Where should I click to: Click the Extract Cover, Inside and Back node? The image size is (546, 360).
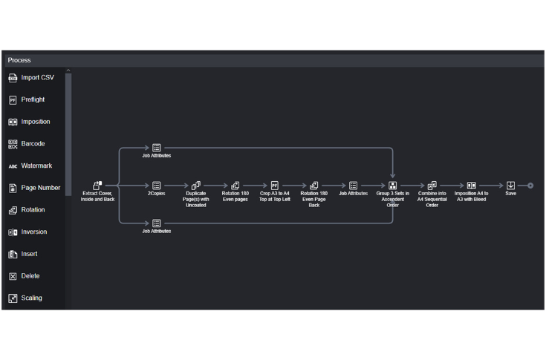point(97,186)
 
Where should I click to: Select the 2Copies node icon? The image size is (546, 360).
point(156,186)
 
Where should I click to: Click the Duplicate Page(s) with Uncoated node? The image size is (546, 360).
point(196,186)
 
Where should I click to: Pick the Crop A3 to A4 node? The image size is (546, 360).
point(275,186)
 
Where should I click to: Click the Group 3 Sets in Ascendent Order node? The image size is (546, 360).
point(392,186)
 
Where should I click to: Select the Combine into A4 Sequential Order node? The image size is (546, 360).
point(432,186)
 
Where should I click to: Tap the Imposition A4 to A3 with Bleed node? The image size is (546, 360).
point(471,186)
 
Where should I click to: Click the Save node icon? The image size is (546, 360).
point(510,186)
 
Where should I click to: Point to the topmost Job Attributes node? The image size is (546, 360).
point(156,148)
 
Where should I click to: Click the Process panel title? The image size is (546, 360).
point(19,60)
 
